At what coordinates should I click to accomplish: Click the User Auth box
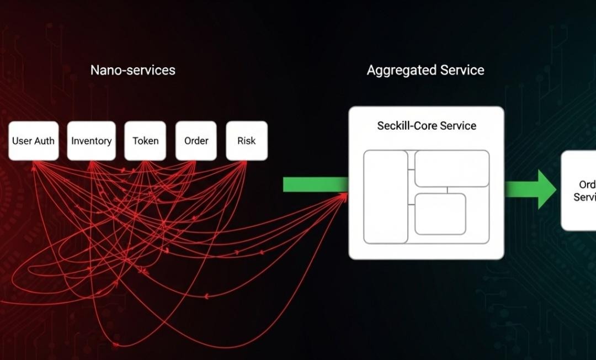33,141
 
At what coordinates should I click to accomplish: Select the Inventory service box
92,141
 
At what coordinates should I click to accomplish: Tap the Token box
145,141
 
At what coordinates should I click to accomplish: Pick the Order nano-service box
196,141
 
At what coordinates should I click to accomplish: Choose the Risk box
247,141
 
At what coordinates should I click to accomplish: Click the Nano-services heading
132,70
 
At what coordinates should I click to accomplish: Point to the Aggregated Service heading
425,70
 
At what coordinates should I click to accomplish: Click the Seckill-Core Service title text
427,125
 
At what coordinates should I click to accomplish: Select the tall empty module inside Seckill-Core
385,197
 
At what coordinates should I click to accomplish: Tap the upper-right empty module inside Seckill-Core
452,168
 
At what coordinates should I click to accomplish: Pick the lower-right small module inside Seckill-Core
440,214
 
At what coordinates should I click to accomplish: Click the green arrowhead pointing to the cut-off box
546,189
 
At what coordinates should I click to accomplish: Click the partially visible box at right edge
579,190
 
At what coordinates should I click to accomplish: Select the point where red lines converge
345,193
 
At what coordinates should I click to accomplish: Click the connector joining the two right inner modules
447,190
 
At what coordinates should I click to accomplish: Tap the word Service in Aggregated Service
462,70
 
